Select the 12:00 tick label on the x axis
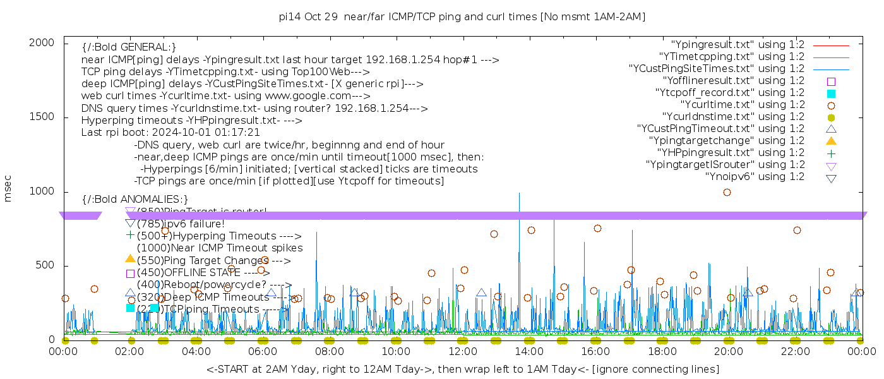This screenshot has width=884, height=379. point(462,351)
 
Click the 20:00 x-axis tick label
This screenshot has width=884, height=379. point(728,351)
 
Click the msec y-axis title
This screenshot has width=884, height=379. point(8,189)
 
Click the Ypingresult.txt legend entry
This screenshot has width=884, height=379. point(738,45)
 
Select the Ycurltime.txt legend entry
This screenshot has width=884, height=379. point(742,105)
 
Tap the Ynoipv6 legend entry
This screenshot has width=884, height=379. point(755,177)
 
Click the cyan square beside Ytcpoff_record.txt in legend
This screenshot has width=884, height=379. point(831,93)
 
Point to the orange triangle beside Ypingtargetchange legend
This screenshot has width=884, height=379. point(831,141)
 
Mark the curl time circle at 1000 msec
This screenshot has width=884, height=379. point(727,193)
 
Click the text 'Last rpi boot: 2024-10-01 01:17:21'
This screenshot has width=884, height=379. point(170,133)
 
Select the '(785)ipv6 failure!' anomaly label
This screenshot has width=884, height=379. point(181,224)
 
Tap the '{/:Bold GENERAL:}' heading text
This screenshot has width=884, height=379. point(129,48)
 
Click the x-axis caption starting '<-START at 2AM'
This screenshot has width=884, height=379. point(462,369)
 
